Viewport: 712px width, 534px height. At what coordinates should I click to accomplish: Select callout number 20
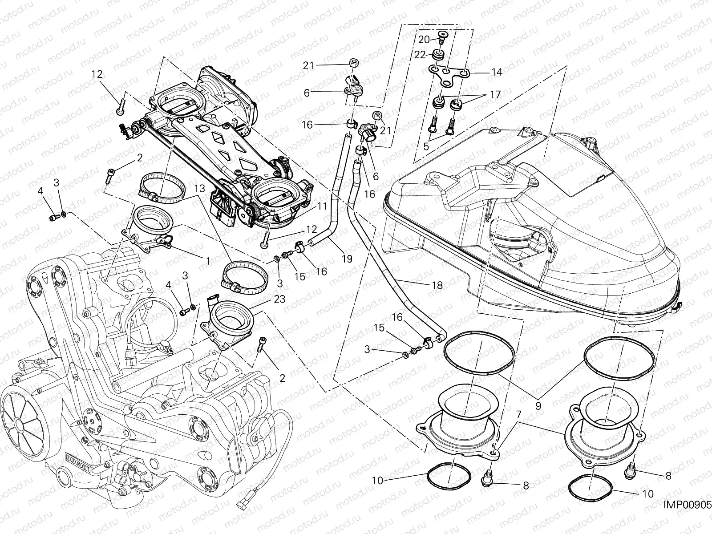424,39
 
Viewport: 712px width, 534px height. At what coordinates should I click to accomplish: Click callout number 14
496,72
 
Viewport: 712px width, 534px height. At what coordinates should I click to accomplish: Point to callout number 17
495,94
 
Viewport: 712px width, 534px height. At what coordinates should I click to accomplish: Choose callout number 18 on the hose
437,285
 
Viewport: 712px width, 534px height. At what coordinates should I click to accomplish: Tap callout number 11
322,206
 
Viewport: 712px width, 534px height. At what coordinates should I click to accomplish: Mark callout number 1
208,261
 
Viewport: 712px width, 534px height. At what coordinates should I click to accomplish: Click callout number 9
538,405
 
